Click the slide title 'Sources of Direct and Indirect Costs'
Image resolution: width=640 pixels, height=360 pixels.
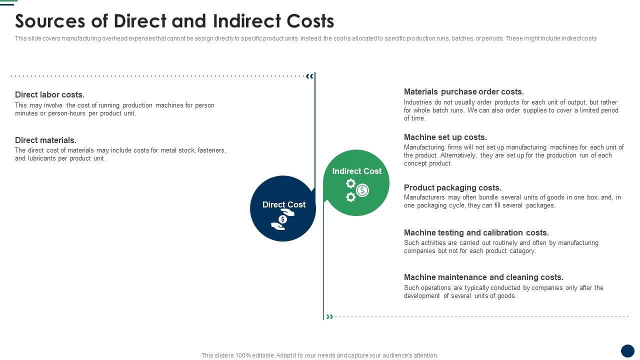(174, 21)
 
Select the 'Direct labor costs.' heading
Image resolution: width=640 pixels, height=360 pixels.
(49, 94)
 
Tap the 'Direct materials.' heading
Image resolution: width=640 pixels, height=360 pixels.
(45, 140)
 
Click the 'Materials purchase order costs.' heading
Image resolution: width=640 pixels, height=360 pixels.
(463, 91)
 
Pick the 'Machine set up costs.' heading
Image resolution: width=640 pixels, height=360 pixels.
(445, 137)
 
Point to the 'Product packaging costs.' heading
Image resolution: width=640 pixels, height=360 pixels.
(452, 187)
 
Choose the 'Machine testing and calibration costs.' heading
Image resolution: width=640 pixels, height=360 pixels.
(476, 232)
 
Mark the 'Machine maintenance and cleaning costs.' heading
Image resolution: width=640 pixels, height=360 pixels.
(483, 277)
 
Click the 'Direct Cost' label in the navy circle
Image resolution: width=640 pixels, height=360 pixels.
(283, 204)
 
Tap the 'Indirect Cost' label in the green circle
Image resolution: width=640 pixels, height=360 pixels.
(356, 171)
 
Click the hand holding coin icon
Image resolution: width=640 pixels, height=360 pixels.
(283, 220)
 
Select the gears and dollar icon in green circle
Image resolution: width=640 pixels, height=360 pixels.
(357, 190)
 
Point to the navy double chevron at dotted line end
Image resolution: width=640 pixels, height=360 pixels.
(310, 76)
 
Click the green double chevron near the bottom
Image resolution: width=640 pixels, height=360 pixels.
(329, 316)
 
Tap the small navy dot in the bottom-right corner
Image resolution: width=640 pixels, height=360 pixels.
(627, 350)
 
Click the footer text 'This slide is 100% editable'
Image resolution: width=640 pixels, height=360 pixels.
(238, 355)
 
